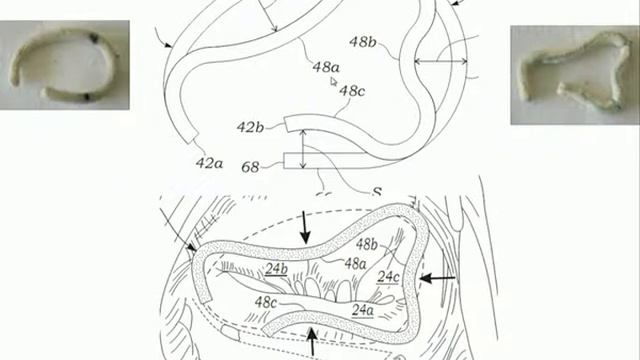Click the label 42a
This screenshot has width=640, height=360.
tap(209, 163)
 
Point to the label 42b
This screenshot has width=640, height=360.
tap(250, 128)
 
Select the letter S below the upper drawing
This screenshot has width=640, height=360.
tap(378, 189)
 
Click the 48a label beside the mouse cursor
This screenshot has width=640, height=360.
tap(326, 67)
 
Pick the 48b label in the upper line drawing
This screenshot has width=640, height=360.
tap(362, 42)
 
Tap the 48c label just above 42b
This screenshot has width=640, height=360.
tap(352, 91)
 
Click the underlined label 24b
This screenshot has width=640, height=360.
tap(277, 269)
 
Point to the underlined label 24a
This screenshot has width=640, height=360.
tap(363, 310)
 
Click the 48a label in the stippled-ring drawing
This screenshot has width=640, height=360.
tap(355, 263)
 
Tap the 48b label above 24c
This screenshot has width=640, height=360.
tap(367, 244)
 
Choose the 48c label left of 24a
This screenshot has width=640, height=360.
tap(266, 301)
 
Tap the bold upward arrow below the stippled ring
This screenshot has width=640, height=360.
tap(313, 346)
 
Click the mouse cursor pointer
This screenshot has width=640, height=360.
tap(335, 83)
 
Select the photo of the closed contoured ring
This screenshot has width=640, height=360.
tap(574, 73)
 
